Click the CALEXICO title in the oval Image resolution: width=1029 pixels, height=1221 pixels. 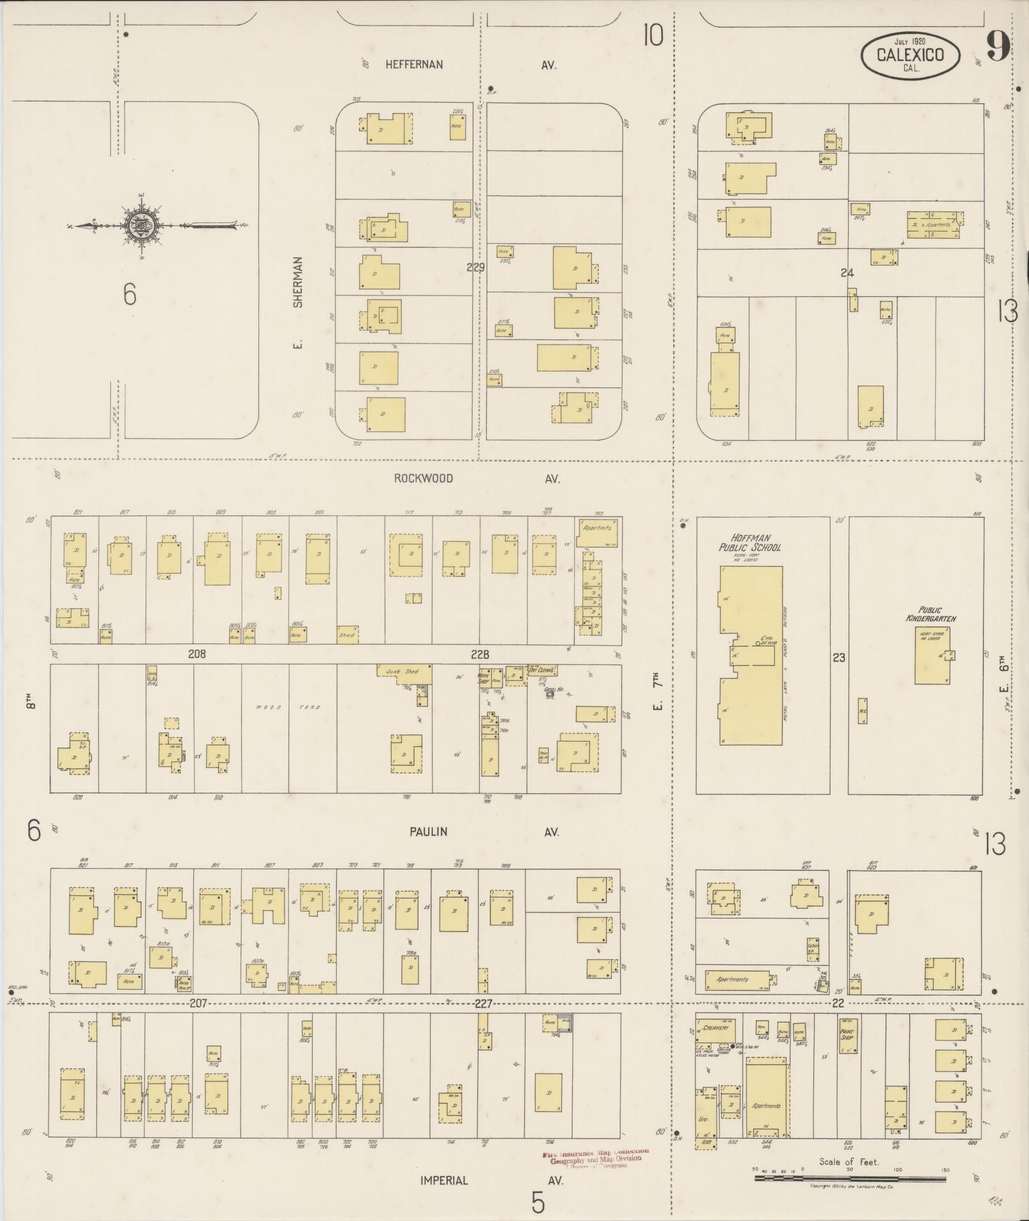(910, 55)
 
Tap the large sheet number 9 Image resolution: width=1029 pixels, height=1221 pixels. (998, 46)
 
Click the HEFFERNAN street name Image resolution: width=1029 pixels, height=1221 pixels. (414, 64)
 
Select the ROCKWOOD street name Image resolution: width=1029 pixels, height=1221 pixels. (423, 478)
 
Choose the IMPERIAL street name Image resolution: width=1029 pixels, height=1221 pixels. (444, 1180)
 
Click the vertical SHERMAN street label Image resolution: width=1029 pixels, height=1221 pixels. (297, 282)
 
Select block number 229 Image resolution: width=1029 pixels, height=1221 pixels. (475, 268)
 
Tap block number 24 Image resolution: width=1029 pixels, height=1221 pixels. (847, 273)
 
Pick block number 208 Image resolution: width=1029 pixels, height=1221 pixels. (196, 654)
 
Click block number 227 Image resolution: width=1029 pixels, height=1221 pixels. (483, 1004)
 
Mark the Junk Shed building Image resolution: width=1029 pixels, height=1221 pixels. (404, 672)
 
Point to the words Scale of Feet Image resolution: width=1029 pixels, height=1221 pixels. (849, 1162)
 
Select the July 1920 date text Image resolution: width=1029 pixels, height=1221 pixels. (910, 41)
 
